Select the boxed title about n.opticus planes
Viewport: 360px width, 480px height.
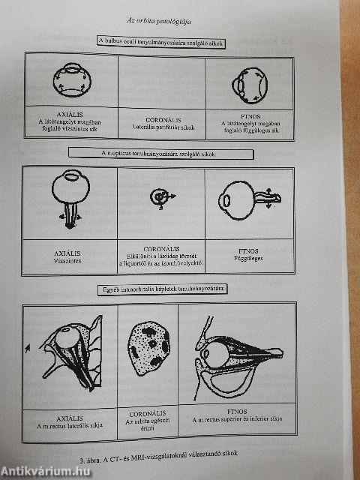[160, 153]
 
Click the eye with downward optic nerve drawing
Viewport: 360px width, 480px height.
[71, 196]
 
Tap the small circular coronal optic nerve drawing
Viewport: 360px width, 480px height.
[159, 196]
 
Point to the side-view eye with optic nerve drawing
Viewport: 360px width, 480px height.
[247, 200]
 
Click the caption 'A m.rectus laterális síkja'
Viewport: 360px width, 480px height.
[68, 425]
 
